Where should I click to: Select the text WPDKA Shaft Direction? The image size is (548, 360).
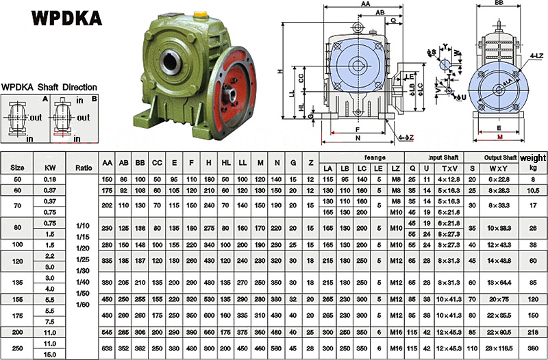(49, 88)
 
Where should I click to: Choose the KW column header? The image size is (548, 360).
(49, 166)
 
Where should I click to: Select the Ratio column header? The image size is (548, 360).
(84, 166)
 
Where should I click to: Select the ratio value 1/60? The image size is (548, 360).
(82, 304)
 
